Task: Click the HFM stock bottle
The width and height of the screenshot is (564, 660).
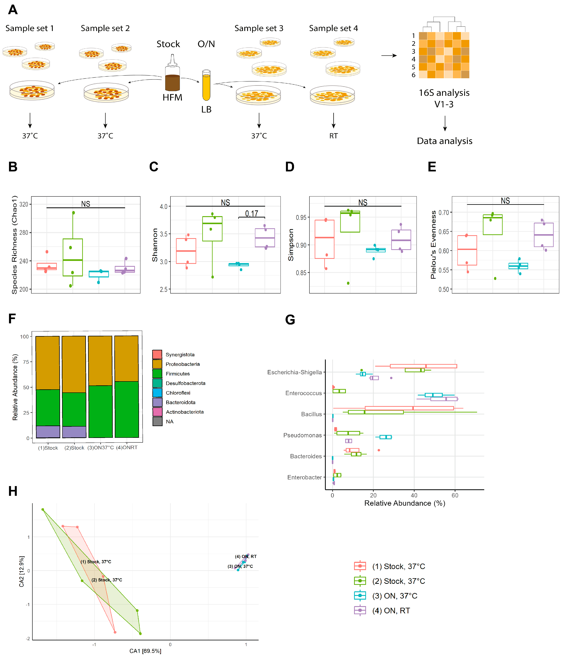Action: (172, 75)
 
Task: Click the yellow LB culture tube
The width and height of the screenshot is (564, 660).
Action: (206, 85)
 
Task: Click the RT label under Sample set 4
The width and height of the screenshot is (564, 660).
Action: (333, 136)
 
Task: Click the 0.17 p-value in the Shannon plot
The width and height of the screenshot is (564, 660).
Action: (251, 213)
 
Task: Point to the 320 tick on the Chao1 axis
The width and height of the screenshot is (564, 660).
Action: (24, 204)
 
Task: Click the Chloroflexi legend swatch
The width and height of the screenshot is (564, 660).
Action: (157, 393)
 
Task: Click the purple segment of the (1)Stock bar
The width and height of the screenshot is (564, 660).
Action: (48, 432)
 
